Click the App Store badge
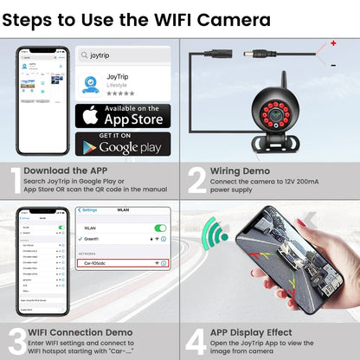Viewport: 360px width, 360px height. (122, 115)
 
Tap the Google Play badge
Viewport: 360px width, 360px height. (122, 144)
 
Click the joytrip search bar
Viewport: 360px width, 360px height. (123, 54)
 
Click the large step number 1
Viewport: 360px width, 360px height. (13, 180)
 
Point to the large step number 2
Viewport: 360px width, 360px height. (196, 180)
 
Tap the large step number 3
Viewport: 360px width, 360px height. (13, 340)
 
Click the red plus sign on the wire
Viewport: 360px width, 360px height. (332, 42)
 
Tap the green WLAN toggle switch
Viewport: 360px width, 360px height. (159, 228)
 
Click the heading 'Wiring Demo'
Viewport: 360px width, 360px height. (240, 171)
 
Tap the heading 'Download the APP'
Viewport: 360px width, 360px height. (67, 171)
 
